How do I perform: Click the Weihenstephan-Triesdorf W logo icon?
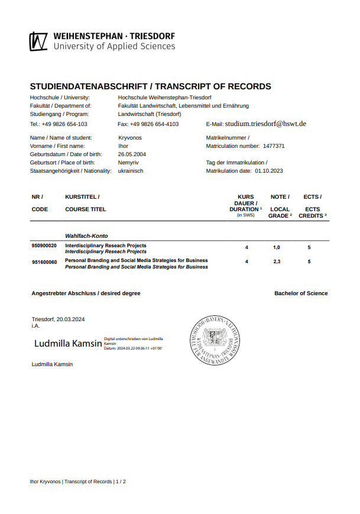(x=39, y=41)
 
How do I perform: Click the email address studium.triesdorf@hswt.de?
(x=265, y=124)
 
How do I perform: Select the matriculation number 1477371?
(x=274, y=146)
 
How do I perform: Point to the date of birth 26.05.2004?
(x=132, y=154)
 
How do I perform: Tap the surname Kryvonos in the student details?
(x=130, y=137)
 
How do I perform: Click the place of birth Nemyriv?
(x=129, y=162)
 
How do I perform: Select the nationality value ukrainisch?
(x=131, y=170)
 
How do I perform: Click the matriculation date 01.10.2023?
(x=269, y=170)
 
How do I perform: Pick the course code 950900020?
(x=44, y=245)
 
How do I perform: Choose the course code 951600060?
(x=44, y=261)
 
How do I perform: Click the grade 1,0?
(x=277, y=247)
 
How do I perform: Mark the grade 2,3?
(x=277, y=261)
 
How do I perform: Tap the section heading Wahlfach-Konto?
(x=86, y=235)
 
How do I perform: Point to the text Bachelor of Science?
(x=301, y=293)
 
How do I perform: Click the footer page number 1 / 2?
(x=121, y=481)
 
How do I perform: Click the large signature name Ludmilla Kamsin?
(x=68, y=343)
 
